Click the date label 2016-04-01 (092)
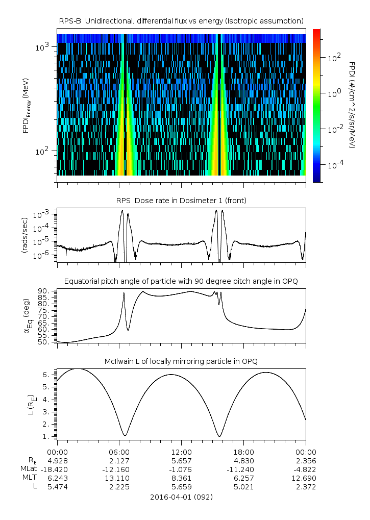click(181, 497)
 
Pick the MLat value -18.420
click(56, 469)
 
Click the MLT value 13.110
click(119, 478)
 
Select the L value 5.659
click(181, 487)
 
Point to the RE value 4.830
click(243, 460)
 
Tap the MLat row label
click(28, 469)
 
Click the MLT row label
click(29, 478)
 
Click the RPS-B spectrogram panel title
click(181, 20)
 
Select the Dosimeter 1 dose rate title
click(181, 201)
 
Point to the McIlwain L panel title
click(181, 361)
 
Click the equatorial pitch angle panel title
click(181, 281)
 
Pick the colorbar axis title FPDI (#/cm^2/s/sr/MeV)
click(352, 105)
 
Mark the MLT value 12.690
click(306, 478)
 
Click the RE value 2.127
click(119, 460)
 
